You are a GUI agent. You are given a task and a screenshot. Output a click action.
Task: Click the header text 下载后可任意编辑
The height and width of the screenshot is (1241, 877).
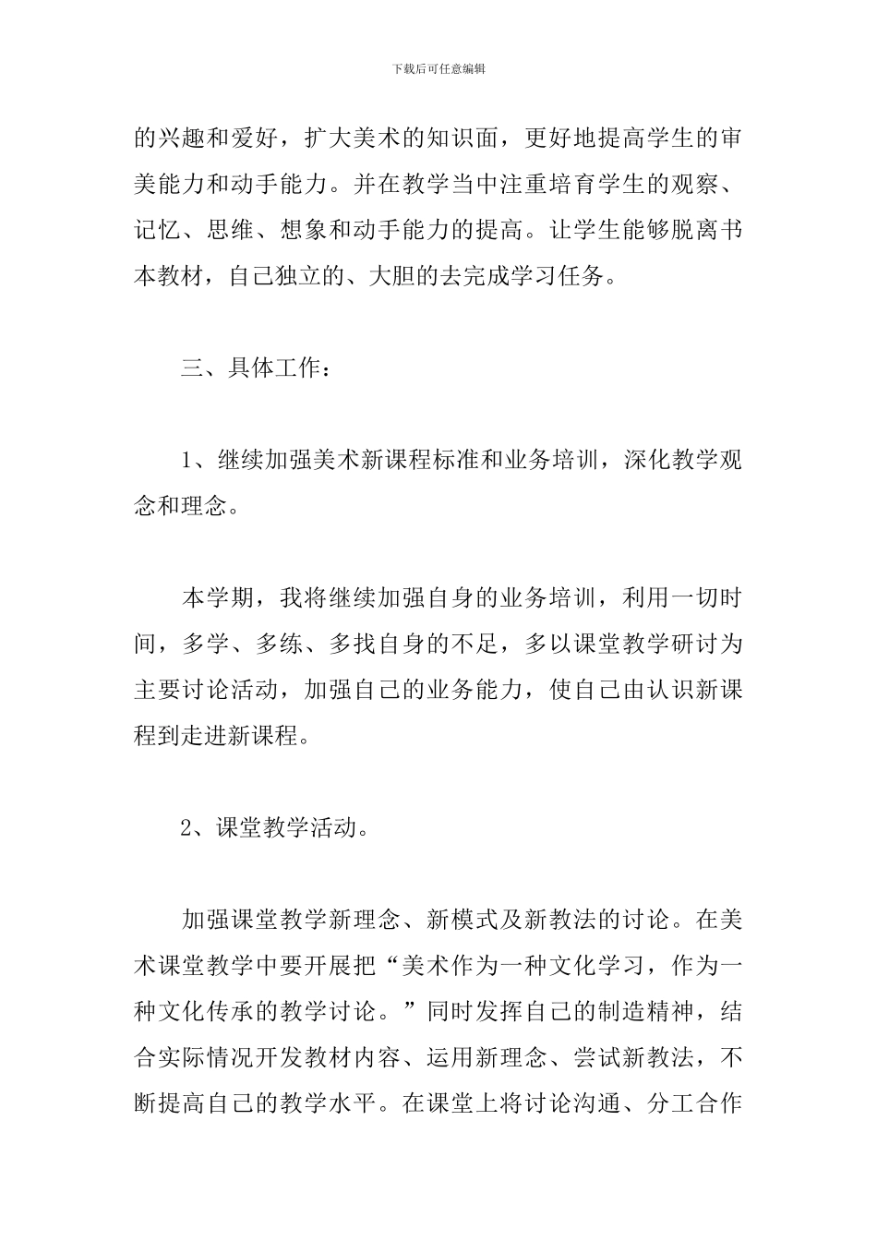click(x=438, y=68)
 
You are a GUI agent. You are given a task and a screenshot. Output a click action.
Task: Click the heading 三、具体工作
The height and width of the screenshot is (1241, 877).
click(x=254, y=368)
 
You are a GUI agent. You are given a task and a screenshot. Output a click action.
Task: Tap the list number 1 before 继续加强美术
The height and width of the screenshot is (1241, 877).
click(x=186, y=461)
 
